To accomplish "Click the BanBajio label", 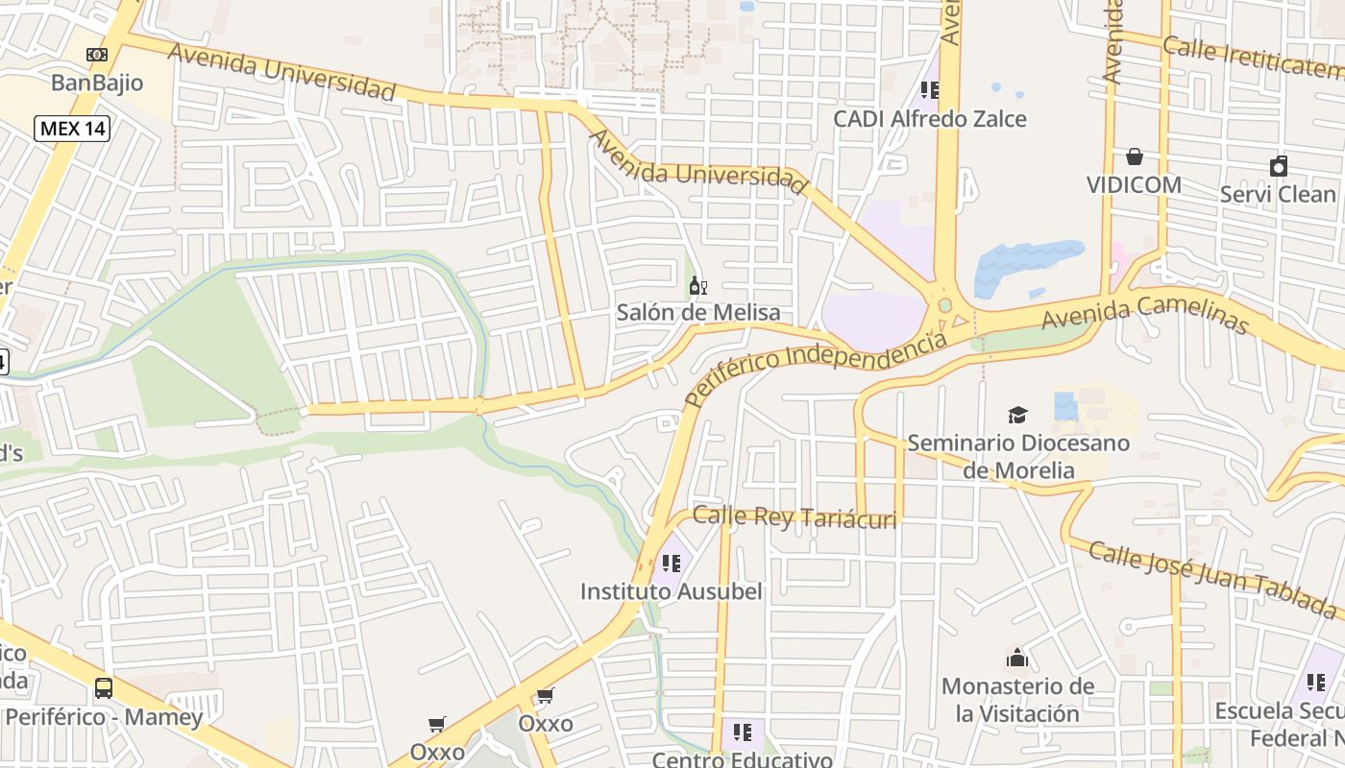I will coord(97,83).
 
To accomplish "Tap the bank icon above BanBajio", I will coord(97,55).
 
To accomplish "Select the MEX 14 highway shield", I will coord(72,128).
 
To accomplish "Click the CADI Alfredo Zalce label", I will coord(929,119).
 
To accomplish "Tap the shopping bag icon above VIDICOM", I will coord(1134,156).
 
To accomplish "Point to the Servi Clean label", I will coord(1277,194).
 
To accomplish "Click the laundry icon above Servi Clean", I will coord(1278,166).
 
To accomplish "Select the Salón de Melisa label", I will coord(697,313).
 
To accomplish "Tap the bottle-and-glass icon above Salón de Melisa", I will coord(698,285).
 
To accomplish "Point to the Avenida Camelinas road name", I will coord(1145,314).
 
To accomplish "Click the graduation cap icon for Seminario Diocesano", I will coord(1017,415).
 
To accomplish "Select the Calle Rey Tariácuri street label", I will coord(795,516).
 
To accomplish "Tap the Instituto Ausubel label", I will coord(671,591).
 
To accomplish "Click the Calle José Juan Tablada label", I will coord(1212,578).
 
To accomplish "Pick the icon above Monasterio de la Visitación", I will coord(1017,658).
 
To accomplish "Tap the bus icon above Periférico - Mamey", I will coord(104,688).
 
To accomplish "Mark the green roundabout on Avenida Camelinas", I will coord(944,305).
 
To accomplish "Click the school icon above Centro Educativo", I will coord(742,732).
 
